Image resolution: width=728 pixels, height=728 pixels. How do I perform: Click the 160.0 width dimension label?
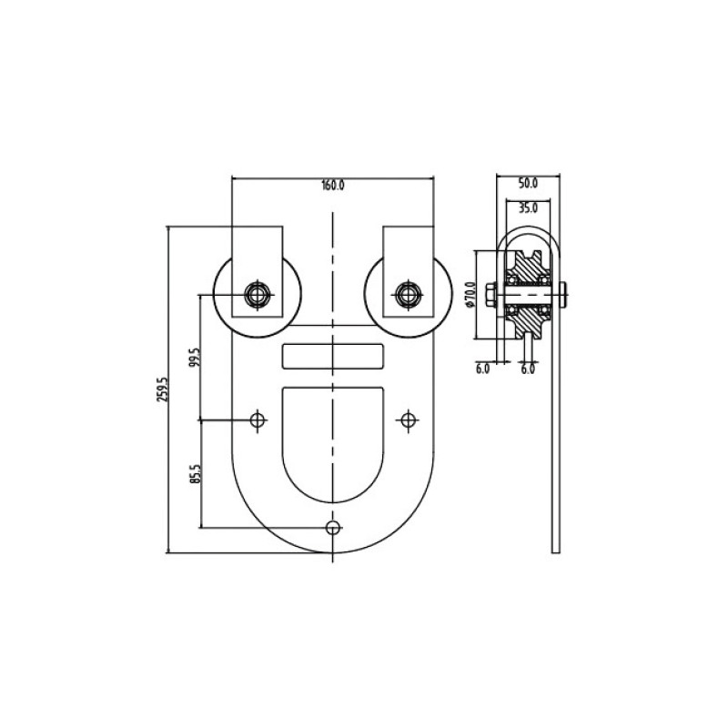tap(333, 186)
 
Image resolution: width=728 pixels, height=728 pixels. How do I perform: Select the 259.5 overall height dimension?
tap(162, 389)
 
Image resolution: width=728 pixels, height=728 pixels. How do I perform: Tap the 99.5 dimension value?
tap(195, 358)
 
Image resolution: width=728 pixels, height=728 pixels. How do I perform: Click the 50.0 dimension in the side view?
tap(528, 184)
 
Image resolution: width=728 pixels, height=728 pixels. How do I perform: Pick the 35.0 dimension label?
tap(528, 208)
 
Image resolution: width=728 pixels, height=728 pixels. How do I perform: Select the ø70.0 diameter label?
tap(470, 294)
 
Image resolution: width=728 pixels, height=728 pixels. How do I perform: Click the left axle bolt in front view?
tap(258, 294)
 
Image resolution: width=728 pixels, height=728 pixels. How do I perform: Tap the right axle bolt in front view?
tap(408, 294)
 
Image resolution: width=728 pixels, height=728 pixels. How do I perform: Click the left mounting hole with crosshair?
tap(258, 420)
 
